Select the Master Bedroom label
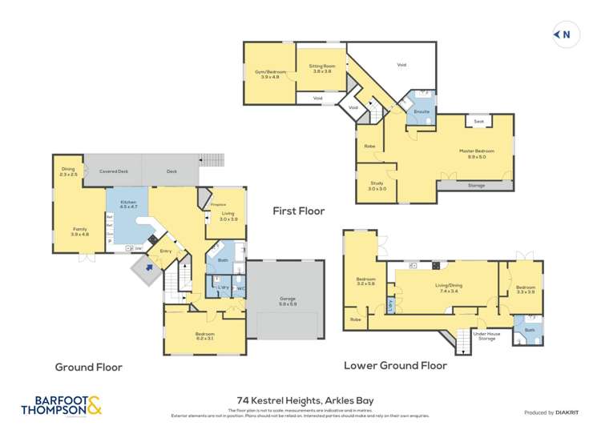click(x=476, y=153)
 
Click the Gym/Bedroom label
click(x=270, y=74)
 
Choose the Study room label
click(x=377, y=187)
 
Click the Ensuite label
click(x=422, y=111)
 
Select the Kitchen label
click(x=128, y=204)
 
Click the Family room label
click(x=79, y=231)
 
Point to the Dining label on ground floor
click(x=68, y=171)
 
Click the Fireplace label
click(x=218, y=206)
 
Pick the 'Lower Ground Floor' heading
click(x=395, y=365)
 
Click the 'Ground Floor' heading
click(x=88, y=367)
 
